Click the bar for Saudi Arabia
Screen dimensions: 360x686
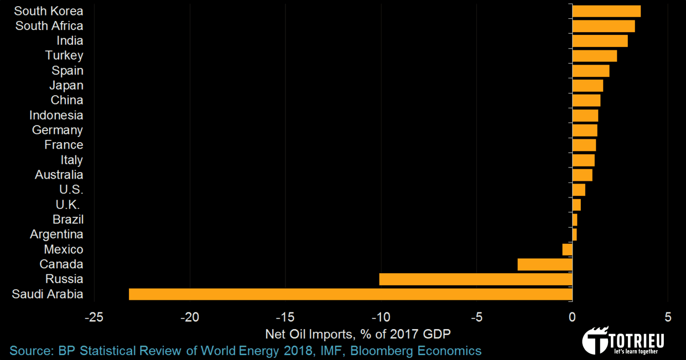point(350,294)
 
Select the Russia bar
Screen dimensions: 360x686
point(476,279)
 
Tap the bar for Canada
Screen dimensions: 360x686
point(545,264)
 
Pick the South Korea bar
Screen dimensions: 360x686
point(606,11)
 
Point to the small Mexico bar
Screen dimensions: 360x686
point(567,249)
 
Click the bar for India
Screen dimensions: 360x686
point(600,41)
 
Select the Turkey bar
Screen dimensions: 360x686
point(594,56)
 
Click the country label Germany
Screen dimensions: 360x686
point(58,130)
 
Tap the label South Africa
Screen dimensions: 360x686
point(49,26)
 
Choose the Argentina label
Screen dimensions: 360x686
point(56,234)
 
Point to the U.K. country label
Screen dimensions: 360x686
point(68,205)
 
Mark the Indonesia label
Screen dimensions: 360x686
point(56,115)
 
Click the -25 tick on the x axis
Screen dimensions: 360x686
point(93,317)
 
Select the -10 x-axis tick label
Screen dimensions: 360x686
point(381,317)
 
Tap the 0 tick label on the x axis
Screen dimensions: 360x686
point(572,317)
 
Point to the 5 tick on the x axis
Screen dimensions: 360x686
point(668,317)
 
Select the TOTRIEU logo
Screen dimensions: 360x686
point(623,340)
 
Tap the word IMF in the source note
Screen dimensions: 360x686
point(330,351)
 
